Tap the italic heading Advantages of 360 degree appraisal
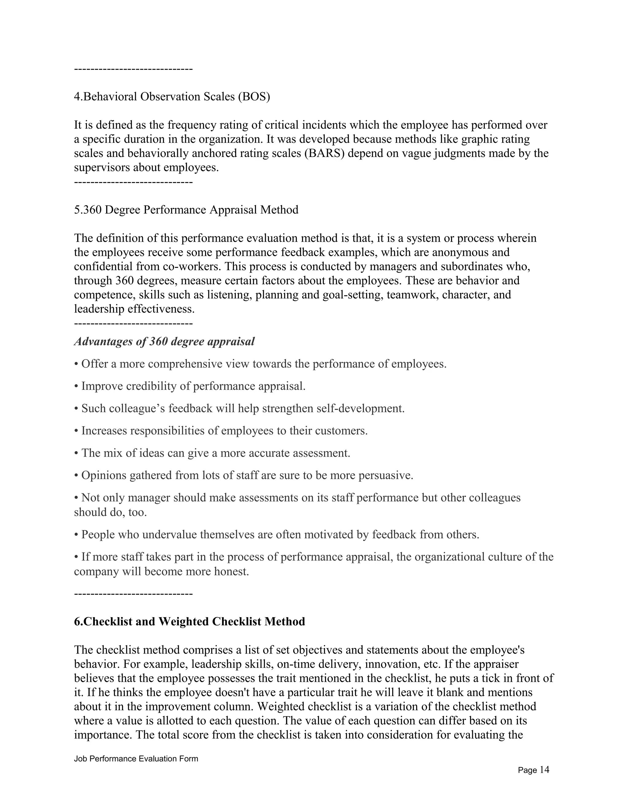(164, 341)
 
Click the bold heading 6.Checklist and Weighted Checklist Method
(190, 621)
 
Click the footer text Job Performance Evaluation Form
(136, 758)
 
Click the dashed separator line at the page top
(133, 69)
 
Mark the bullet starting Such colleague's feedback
(239, 408)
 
